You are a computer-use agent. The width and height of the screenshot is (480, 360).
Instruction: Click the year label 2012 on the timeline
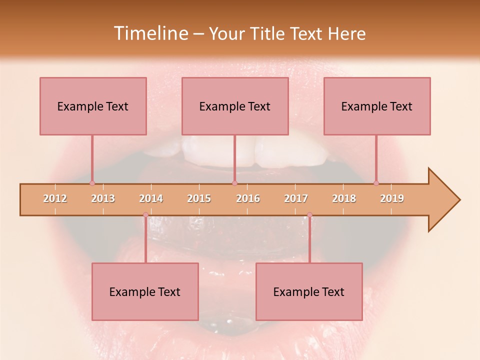pyautogui.click(x=55, y=198)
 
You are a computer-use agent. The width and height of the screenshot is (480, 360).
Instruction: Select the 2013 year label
pyautogui.click(x=103, y=198)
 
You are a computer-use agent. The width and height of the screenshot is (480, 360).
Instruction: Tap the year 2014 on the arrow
pyautogui.click(x=151, y=198)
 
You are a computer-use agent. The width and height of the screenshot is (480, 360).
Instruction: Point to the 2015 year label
pyautogui.click(x=199, y=198)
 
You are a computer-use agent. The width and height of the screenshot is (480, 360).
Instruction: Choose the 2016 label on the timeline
pyautogui.click(x=248, y=198)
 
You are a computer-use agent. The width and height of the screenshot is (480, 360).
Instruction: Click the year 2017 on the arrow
pyautogui.click(x=296, y=198)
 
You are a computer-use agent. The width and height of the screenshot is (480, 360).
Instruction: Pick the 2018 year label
pyautogui.click(x=344, y=198)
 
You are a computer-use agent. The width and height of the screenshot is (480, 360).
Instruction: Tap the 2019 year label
pyautogui.click(x=392, y=198)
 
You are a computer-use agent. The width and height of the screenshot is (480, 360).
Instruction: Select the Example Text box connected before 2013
pyautogui.click(x=93, y=106)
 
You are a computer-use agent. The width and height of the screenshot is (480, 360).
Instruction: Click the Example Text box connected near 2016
pyautogui.click(x=235, y=106)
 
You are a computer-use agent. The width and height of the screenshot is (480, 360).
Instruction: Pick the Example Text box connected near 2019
pyautogui.click(x=377, y=106)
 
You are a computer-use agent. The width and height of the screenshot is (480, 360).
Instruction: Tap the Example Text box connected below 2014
pyautogui.click(x=145, y=291)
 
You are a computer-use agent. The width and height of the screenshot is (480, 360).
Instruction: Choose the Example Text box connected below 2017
pyautogui.click(x=309, y=291)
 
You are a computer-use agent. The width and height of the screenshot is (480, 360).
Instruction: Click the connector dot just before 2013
pyautogui.click(x=92, y=183)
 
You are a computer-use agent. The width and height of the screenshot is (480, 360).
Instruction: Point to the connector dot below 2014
pyautogui.click(x=145, y=215)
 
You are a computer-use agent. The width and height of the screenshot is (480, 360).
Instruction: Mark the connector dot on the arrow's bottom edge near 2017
pyautogui.click(x=309, y=215)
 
